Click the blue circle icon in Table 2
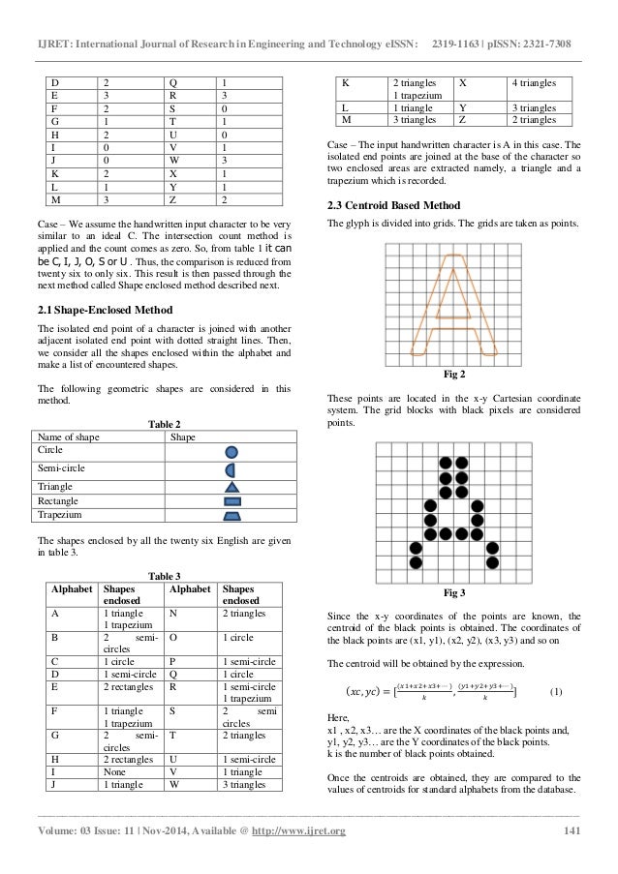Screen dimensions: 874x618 pyautogui.click(x=232, y=451)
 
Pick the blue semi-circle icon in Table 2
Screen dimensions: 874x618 pyautogui.click(x=232, y=469)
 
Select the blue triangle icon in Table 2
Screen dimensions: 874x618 pyautogui.click(x=232, y=487)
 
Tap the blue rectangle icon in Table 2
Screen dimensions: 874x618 pyautogui.click(x=232, y=502)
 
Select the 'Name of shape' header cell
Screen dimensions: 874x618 pyautogui.click(x=67, y=437)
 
